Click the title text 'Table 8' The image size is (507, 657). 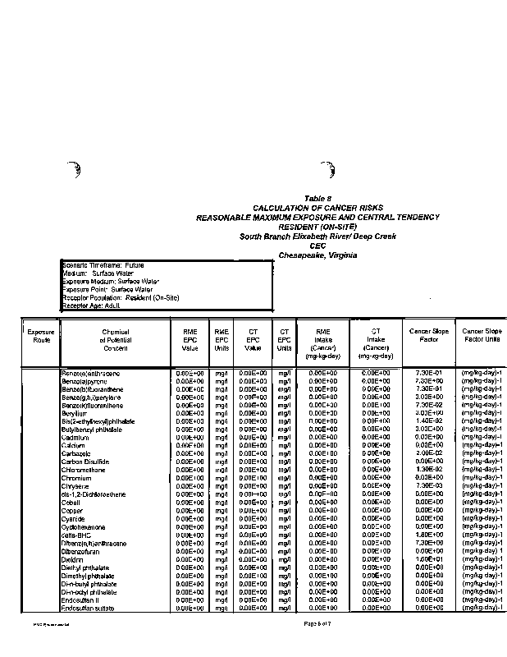(317, 199)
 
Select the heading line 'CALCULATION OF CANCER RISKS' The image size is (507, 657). (317, 208)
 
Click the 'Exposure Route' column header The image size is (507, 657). (40, 335)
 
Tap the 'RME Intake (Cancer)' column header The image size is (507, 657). (317, 342)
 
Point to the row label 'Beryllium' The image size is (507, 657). (75, 412)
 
